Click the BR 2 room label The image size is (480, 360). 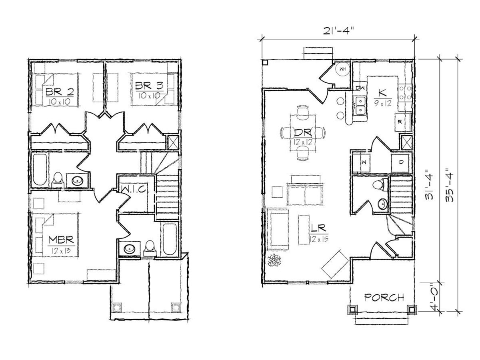point(60,92)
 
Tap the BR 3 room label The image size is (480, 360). point(149,86)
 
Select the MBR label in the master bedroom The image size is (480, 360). point(61,240)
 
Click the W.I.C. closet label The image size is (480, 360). point(133,190)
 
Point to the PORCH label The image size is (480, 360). point(384,298)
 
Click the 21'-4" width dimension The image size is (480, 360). point(338,31)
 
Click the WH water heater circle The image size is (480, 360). point(342,69)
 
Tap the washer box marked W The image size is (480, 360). point(362,163)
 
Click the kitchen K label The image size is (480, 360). point(382,93)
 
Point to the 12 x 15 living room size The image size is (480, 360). point(319,239)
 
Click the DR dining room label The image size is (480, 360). point(303,132)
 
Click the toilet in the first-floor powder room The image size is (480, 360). point(378,184)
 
